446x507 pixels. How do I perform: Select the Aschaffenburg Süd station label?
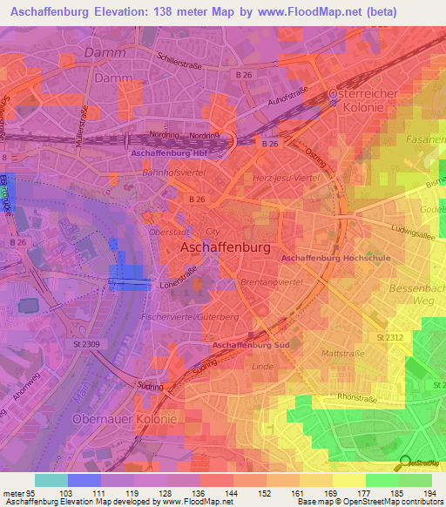(250, 346)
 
